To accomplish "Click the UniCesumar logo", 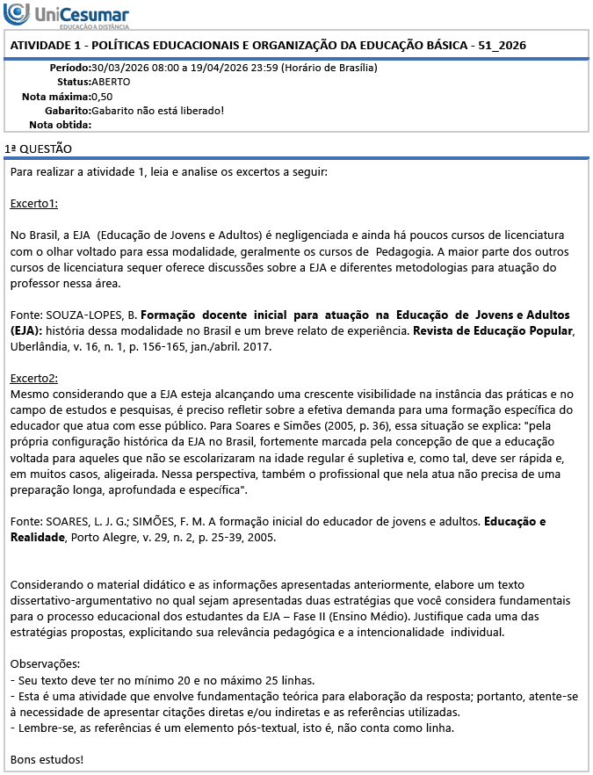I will pyautogui.click(x=67, y=17).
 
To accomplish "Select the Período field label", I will pyautogui.click(x=69, y=68).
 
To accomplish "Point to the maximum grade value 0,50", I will pyautogui.click(x=102, y=96).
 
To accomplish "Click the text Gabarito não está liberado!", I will pyautogui.click(x=158, y=110).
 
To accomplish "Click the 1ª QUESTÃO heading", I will pyautogui.click(x=38, y=149).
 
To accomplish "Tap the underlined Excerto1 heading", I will pyautogui.click(x=34, y=204).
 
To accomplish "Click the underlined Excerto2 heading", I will pyautogui.click(x=34, y=378).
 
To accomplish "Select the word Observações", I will pyautogui.click(x=45, y=663).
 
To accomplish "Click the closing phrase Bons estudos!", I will pyautogui.click(x=47, y=758).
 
